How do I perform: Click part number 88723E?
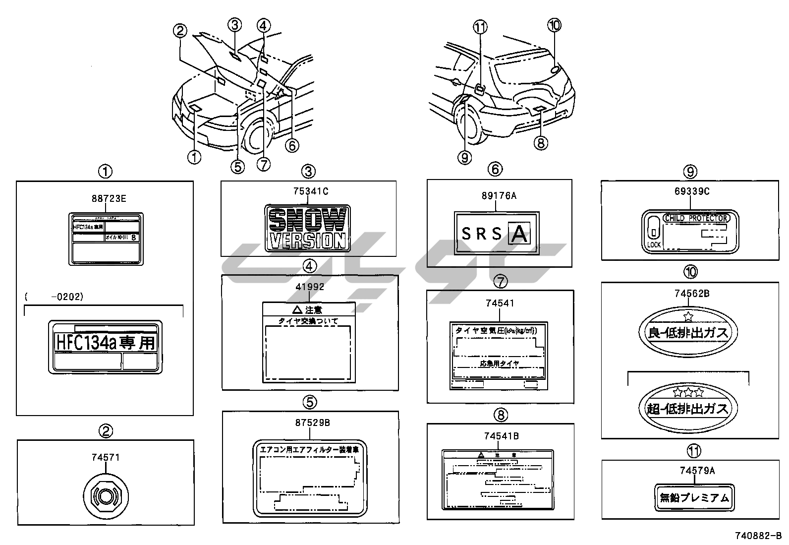(109, 199)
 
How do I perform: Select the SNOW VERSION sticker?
(308, 228)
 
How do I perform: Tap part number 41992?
(310, 287)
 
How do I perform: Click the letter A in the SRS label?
(519, 234)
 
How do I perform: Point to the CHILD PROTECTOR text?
(696, 218)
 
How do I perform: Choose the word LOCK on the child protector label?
(654, 245)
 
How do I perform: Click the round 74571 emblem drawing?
(106, 496)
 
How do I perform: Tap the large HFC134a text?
(105, 342)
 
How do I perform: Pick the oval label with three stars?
(688, 405)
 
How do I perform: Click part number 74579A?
(697, 471)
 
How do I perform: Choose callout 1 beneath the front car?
(194, 158)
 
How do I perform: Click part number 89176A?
(499, 196)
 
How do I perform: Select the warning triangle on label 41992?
(296, 309)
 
